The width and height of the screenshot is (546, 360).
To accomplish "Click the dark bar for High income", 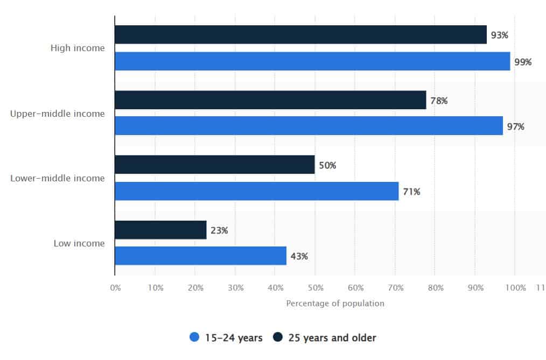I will (x=300, y=34).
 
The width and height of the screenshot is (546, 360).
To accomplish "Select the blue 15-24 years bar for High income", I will (x=312, y=61).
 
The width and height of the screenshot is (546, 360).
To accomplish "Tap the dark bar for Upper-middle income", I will (x=270, y=100).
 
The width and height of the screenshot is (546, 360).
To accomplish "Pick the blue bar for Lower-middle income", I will (x=257, y=191).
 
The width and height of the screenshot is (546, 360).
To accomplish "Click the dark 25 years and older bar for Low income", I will (x=160, y=230).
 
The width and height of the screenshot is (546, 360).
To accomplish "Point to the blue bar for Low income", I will (x=201, y=256).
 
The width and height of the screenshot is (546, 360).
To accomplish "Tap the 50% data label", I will (x=327, y=165).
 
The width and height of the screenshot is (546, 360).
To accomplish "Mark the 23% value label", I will (x=219, y=230).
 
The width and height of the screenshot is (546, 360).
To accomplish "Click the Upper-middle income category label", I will (x=58, y=114).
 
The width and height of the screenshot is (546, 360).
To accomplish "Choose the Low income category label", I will (x=79, y=243).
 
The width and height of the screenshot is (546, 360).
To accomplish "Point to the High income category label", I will (x=78, y=48).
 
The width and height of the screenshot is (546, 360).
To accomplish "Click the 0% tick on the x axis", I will (x=116, y=288).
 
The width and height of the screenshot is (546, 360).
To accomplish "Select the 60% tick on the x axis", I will (x=355, y=288).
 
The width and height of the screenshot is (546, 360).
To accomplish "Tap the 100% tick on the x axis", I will (x=516, y=288).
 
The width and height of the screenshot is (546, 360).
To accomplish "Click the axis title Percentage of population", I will (x=335, y=303).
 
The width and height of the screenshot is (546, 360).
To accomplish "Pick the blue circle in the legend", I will (x=194, y=337).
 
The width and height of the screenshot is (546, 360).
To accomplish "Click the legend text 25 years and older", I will (x=332, y=338).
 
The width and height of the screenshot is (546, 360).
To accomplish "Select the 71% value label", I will (x=411, y=192).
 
